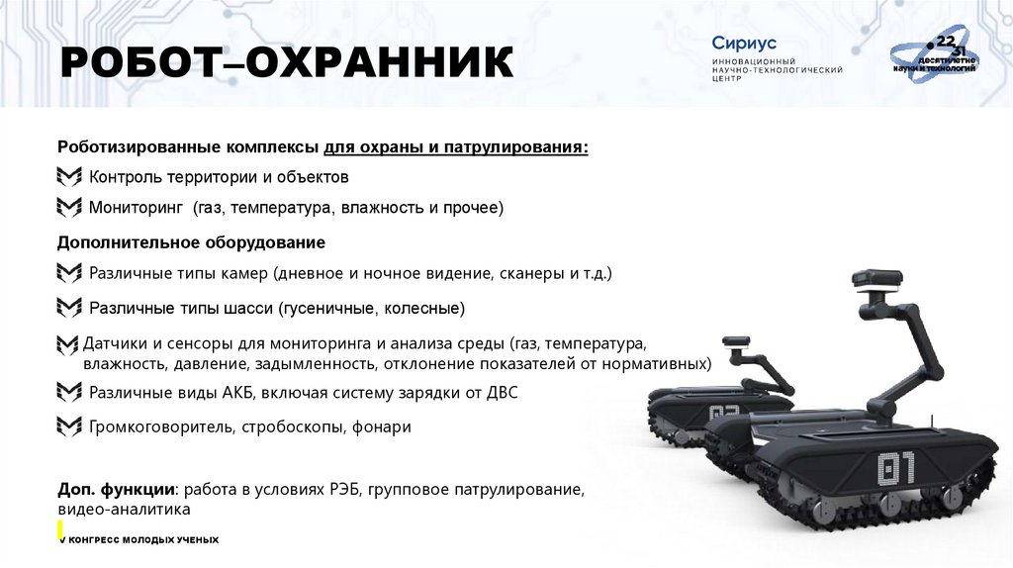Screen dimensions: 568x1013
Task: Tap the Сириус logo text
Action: point(744,44)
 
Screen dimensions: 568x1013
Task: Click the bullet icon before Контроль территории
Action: point(69,177)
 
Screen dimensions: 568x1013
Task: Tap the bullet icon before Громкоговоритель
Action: point(69,427)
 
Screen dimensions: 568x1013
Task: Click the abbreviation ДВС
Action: point(500,393)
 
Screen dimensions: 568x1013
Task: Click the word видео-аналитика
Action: point(123,509)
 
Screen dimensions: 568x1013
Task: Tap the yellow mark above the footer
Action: point(61,530)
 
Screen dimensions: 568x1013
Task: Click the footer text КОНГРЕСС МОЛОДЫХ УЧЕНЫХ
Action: point(141,539)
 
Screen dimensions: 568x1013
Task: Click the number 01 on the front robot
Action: point(896,466)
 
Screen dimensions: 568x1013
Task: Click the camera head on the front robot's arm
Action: point(877,283)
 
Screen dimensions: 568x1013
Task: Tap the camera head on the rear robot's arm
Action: point(738,346)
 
